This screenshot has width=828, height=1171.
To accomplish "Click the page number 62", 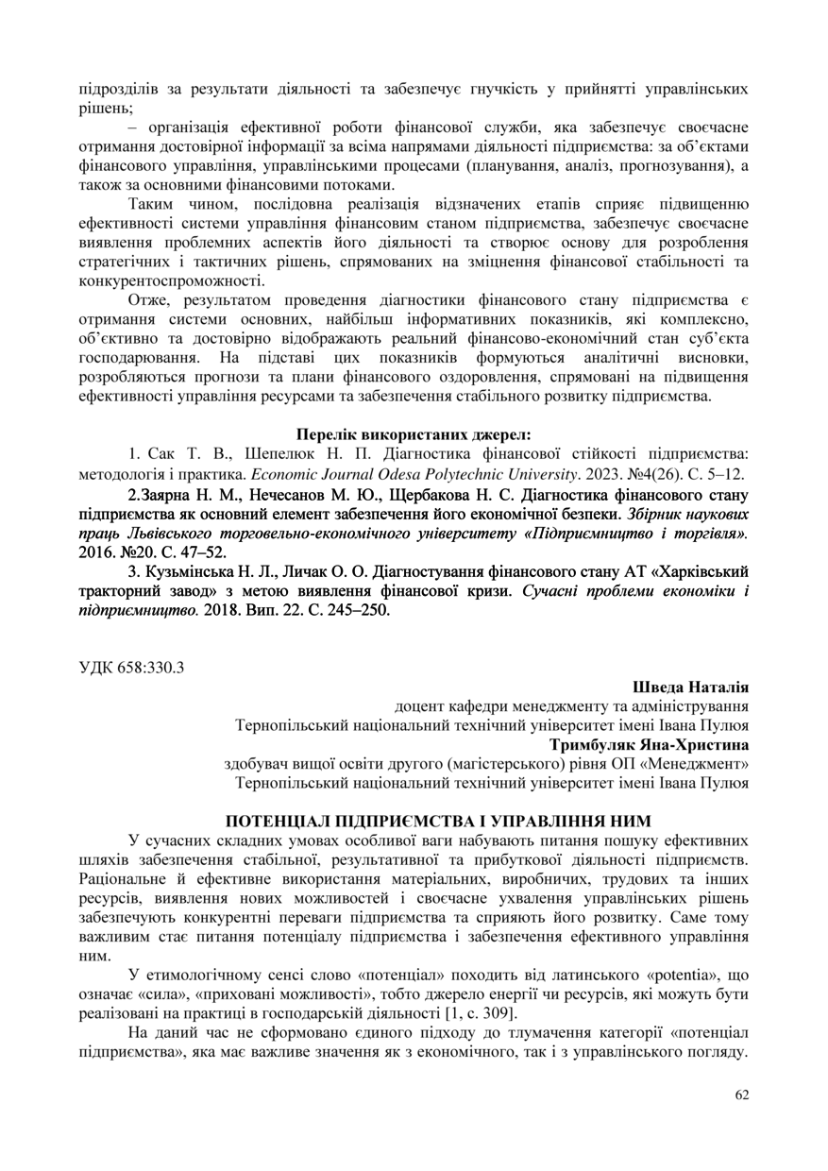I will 741,1095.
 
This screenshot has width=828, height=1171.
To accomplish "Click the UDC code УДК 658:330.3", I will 131,668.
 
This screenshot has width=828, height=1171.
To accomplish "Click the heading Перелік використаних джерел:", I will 414,434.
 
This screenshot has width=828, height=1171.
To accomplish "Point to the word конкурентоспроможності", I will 171,281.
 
